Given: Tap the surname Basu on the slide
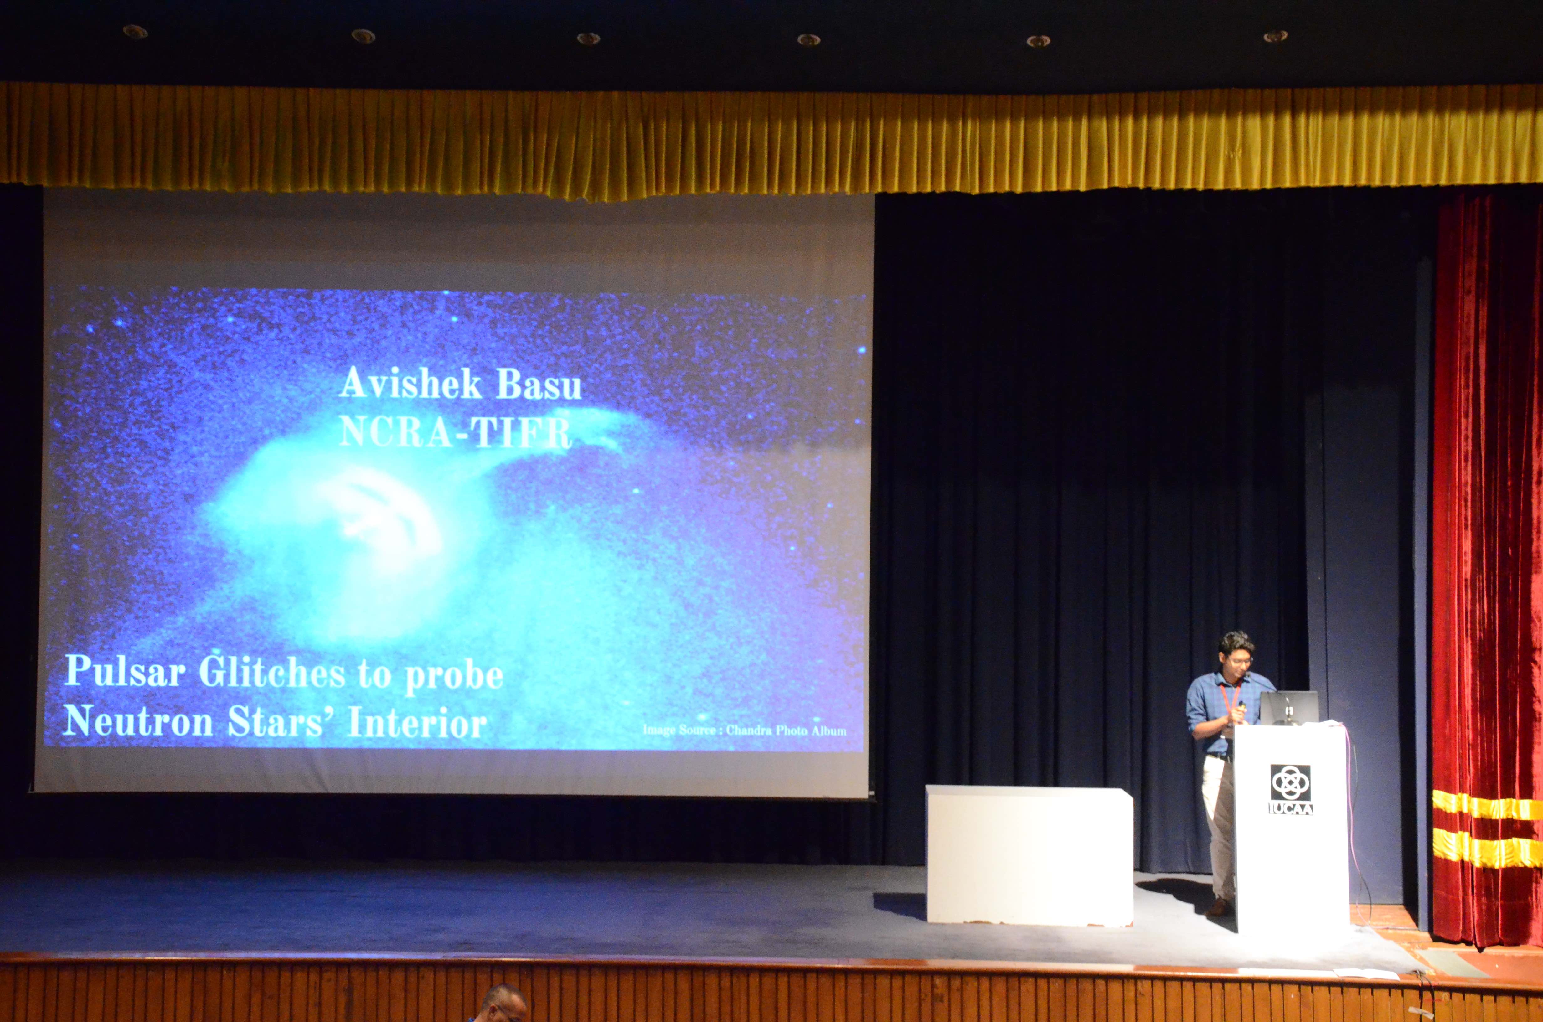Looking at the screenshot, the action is click(539, 385).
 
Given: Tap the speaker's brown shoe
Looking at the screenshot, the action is click(1217, 907).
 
